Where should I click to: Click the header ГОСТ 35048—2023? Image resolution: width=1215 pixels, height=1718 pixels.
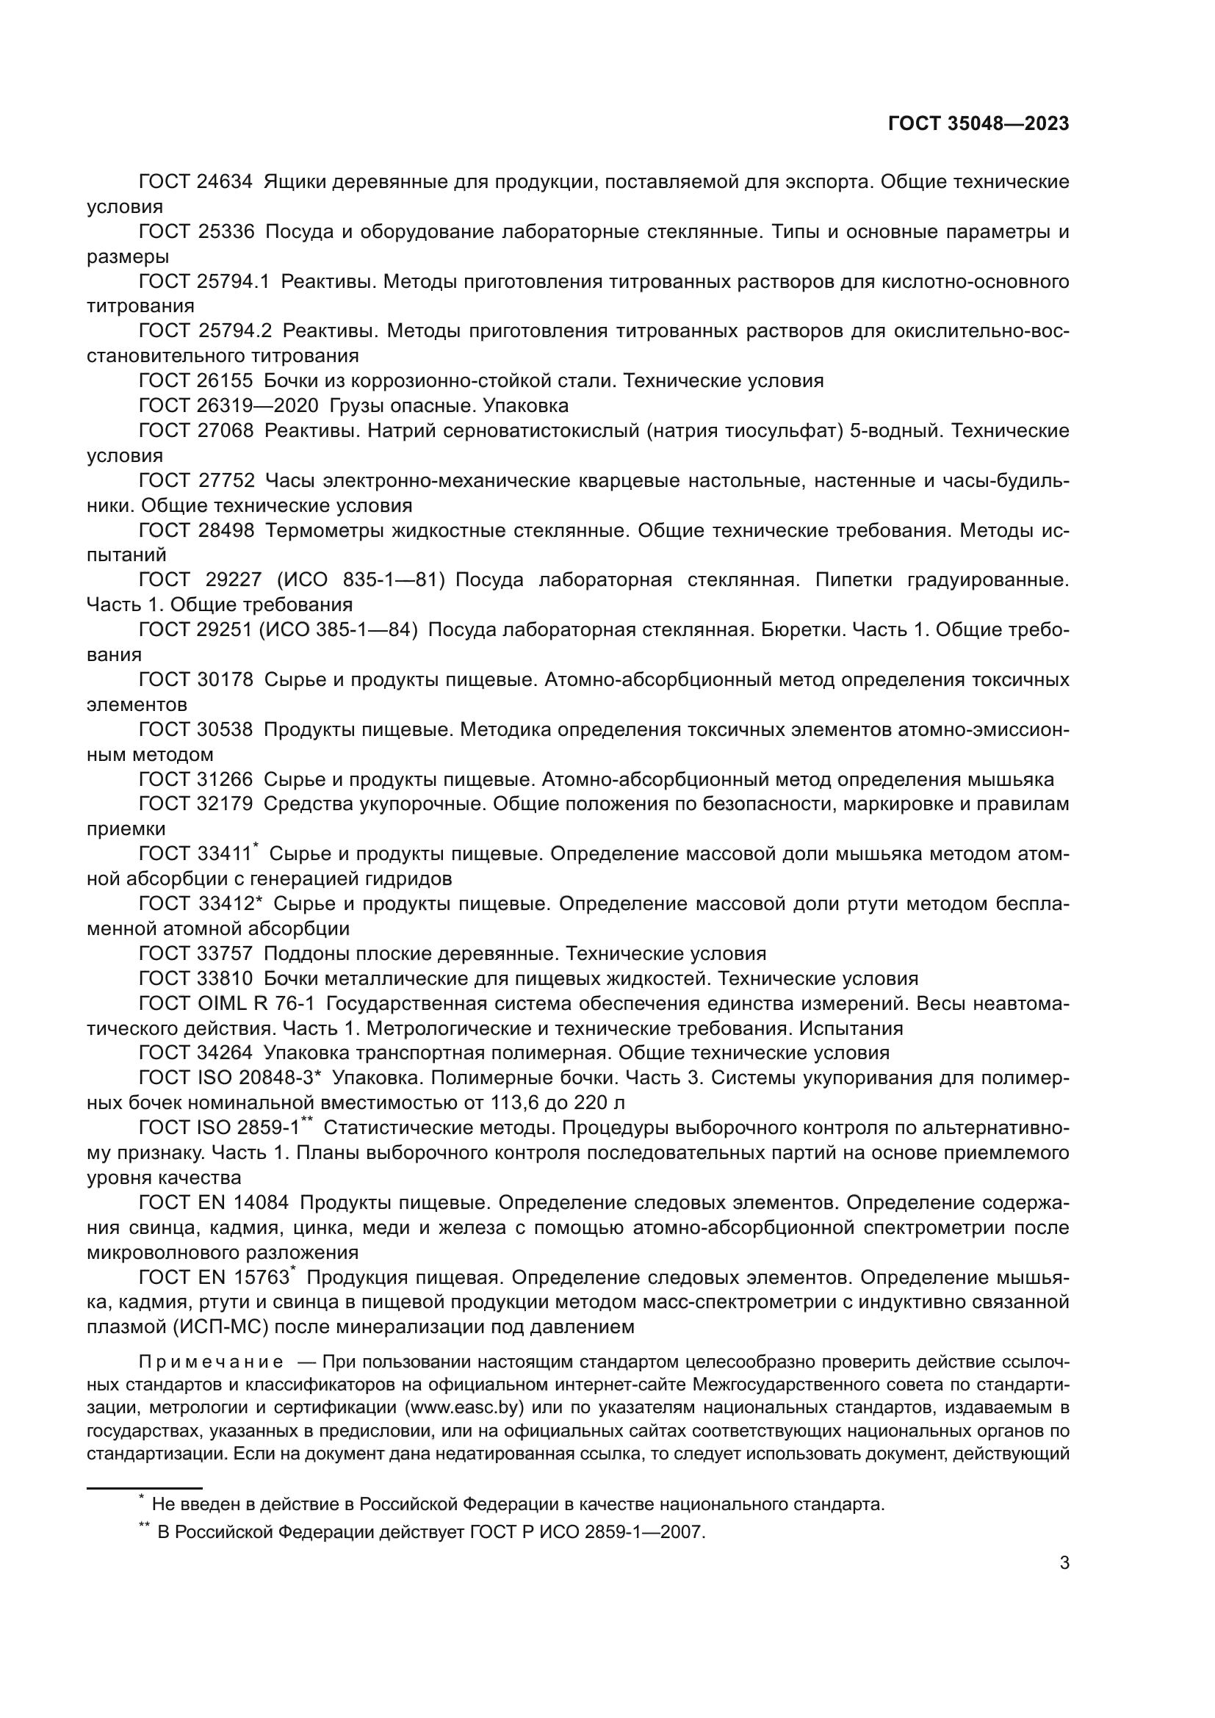tap(978, 123)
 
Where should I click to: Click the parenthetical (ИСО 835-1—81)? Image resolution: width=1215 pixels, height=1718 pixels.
tap(361, 580)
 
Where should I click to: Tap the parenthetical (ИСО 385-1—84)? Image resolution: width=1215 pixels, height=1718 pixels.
tap(338, 630)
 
